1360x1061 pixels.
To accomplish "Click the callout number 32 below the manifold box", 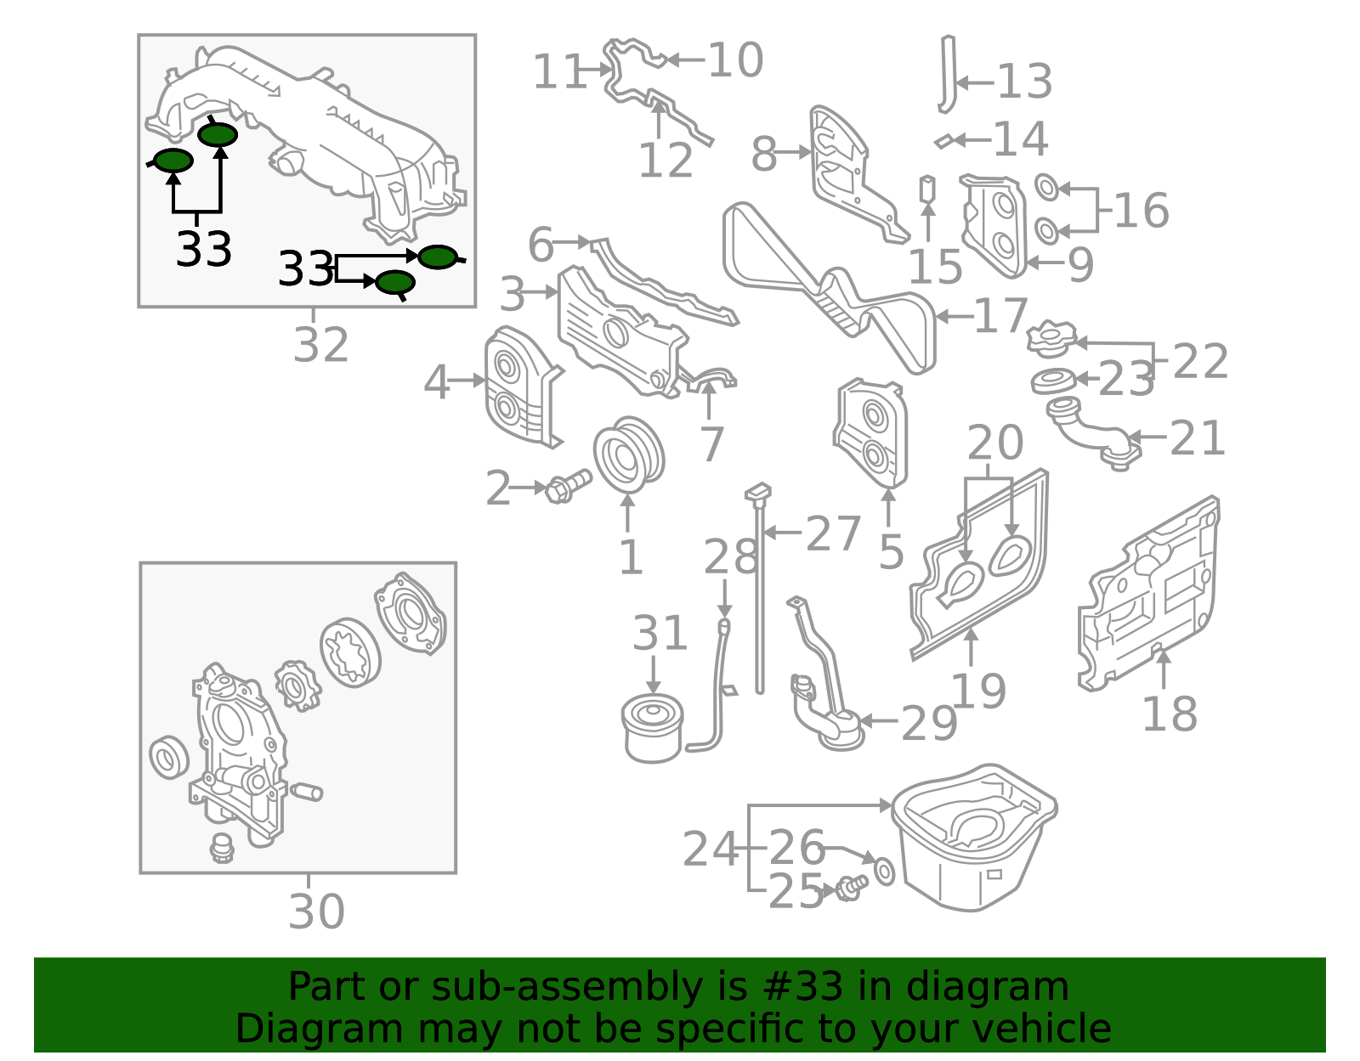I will (x=320, y=345).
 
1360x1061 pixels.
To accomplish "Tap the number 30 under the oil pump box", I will (x=316, y=911).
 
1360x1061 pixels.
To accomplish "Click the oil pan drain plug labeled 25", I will (x=850, y=888).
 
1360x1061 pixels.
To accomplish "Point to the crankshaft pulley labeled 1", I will (x=628, y=454).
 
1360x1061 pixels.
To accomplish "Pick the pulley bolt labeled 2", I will (x=566, y=486).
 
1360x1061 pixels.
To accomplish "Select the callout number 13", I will (x=1024, y=82).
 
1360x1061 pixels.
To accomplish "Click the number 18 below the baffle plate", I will (x=1169, y=714).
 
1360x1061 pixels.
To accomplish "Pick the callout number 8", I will (x=763, y=155).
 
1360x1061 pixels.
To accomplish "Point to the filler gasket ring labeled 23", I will (x=1053, y=382).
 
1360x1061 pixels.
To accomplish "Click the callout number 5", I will (x=890, y=553).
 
